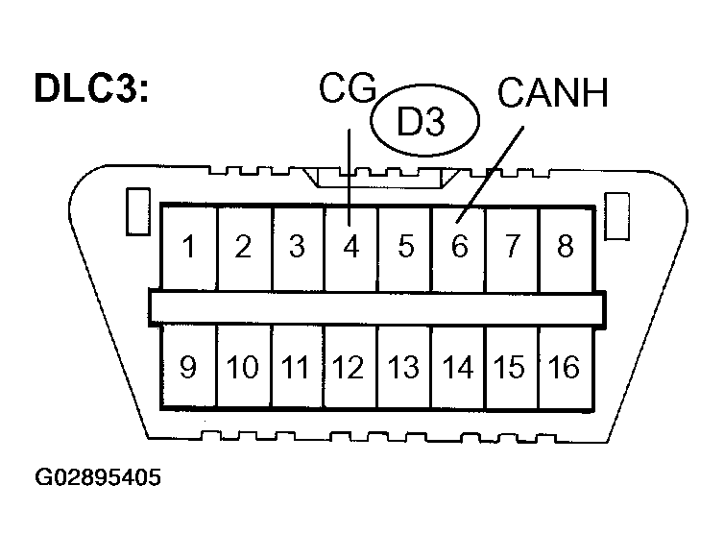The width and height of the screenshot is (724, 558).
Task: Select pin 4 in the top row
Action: (x=350, y=247)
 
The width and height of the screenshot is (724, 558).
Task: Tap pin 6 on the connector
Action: (x=459, y=247)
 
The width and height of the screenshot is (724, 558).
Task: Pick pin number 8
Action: (x=565, y=247)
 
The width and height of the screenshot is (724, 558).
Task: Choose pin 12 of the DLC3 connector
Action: (x=350, y=368)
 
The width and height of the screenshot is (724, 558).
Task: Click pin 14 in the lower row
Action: (x=458, y=368)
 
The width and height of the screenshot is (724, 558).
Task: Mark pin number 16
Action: (x=565, y=368)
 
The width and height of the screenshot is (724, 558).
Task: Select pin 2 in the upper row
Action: (x=244, y=247)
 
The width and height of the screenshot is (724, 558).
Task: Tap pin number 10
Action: (x=243, y=368)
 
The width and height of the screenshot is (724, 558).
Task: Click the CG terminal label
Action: (x=347, y=92)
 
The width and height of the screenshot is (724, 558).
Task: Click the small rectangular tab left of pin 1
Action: (x=136, y=212)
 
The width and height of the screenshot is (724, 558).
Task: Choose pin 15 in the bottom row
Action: (x=512, y=368)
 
